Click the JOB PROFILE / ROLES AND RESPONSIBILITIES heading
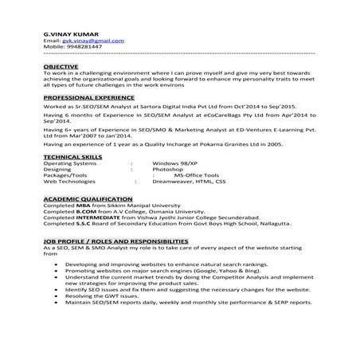point(116,240)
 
